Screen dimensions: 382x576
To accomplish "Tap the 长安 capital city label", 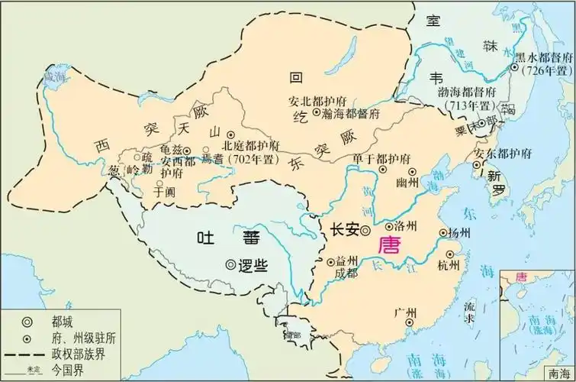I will pos(344,228).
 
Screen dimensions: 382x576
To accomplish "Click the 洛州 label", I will pos(404,227).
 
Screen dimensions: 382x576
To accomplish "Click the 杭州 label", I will pos(449,265).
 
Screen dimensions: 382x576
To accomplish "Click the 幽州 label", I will pos(409,183).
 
